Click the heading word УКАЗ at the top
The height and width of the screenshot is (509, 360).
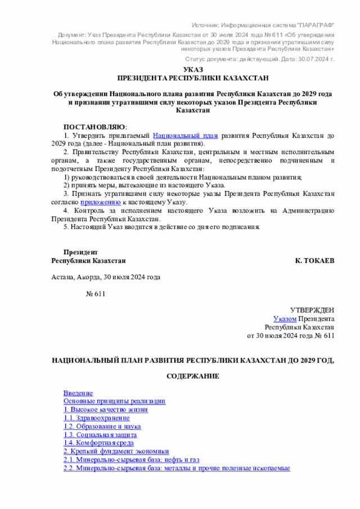click(x=192, y=69)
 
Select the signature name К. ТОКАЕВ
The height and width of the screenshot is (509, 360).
click(x=314, y=261)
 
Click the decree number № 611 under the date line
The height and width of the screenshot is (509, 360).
click(x=95, y=294)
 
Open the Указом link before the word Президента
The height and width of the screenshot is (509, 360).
click(x=285, y=318)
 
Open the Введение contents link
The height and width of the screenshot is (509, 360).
click(x=78, y=393)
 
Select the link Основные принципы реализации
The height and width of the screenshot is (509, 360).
click(x=114, y=401)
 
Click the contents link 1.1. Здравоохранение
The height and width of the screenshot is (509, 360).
click(x=96, y=418)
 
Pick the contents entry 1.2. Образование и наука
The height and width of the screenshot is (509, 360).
click(x=102, y=426)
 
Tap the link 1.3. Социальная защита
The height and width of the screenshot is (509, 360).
click(x=100, y=435)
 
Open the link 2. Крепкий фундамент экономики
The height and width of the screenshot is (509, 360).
click(x=116, y=451)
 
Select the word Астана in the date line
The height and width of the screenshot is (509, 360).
click(x=62, y=277)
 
